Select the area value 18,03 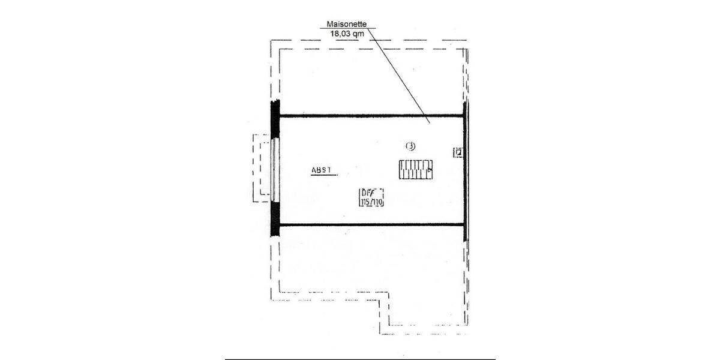click(340, 34)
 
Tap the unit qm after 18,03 click(359, 34)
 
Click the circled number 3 click(410, 145)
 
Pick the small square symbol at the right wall click(458, 152)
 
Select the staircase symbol click(416, 170)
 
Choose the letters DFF click(367, 193)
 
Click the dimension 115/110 click(371, 202)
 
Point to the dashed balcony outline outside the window click(257, 168)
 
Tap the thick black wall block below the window click(275, 216)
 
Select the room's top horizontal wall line click(372, 116)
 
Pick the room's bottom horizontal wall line click(372, 224)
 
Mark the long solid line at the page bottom click(360, 359)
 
